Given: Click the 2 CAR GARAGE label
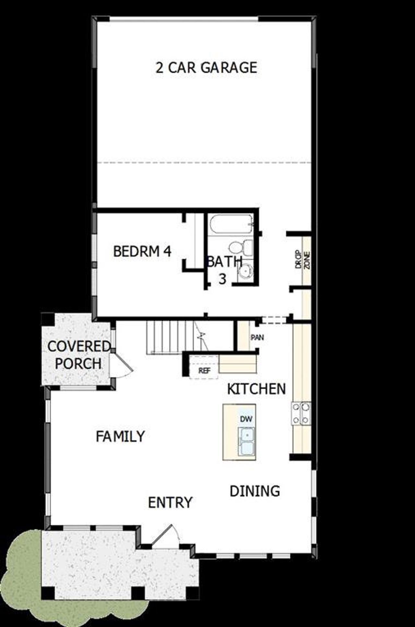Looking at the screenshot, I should pyautogui.click(x=207, y=68).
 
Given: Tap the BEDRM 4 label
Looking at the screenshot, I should pyautogui.click(x=142, y=251).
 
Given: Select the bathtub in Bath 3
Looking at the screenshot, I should pyautogui.click(x=231, y=224).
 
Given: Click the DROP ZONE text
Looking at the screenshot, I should pyautogui.click(x=302, y=260).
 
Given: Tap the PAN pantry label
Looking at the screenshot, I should pyautogui.click(x=257, y=337).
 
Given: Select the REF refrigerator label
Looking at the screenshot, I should pyautogui.click(x=204, y=371).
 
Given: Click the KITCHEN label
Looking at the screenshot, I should pyautogui.click(x=256, y=389).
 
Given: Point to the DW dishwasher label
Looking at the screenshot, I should pyautogui.click(x=246, y=419).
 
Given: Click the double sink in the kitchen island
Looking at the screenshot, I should pyautogui.click(x=246, y=441).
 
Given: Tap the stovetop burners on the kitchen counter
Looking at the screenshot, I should pyautogui.click(x=301, y=413).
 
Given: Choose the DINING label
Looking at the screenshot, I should pyautogui.click(x=255, y=491).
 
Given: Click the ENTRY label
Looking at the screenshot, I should pyautogui.click(x=170, y=503).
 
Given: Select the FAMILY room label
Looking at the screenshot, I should pyautogui.click(x=120, y=436).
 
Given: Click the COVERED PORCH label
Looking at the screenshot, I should pyautogui.click(x=78, y=355).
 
